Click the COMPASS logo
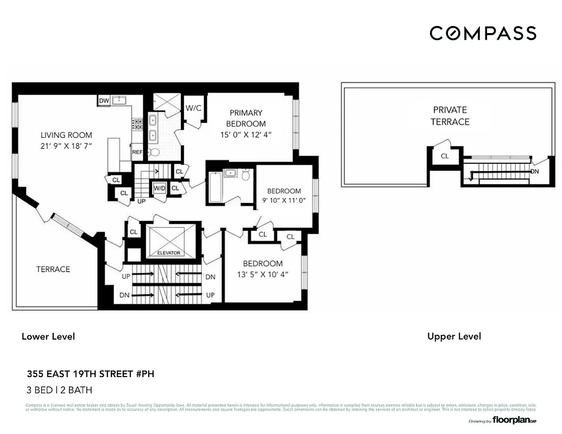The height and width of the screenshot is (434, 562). (483, 33)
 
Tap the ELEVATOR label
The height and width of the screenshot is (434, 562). (168, 253)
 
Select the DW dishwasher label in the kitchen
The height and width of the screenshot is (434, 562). (104, 101)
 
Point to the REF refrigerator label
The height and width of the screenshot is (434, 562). (137, 152)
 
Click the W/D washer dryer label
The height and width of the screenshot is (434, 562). (159, 188)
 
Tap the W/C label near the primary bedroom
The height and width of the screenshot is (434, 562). (193, 108)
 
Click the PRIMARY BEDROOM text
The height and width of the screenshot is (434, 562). (246, 118)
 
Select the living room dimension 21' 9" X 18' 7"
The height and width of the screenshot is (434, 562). (66, 147)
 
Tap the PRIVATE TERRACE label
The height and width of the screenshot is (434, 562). (450, 116)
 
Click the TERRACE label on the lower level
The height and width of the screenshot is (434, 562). (53, 269)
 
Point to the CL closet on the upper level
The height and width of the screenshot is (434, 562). (445, 156)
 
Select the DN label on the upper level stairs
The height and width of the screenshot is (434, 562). (535, 171)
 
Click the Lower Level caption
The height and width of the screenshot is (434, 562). (48, 336)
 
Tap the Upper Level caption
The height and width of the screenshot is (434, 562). (454, 336)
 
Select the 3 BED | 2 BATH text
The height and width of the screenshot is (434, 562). (59, 390)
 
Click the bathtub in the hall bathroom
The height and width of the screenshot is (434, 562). (215, 187)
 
